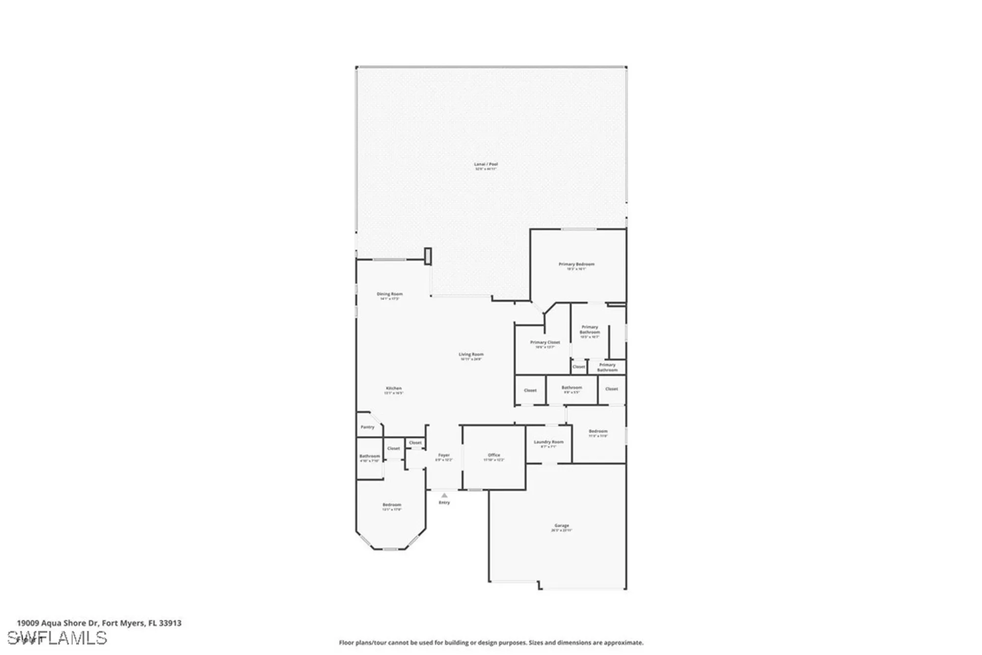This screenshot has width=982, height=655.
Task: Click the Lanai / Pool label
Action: click(x=486, y=164)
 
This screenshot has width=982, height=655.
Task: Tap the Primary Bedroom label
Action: click(x=576, y=264)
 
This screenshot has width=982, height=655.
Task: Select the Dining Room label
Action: click(x=389, y=294)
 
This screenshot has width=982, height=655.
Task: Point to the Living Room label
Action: click(x=471, y=354)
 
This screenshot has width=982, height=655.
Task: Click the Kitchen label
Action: click(x=393, y=389)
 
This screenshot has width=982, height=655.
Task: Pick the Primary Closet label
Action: click(x=545, y=342)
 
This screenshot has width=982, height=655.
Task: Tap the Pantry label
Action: click(x=367, y=427)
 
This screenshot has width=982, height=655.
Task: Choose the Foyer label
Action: click(x=443, y=456)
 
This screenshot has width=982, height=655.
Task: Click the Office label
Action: click(x=493, y=456)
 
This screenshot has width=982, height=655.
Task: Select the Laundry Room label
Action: click(x=548, y=442)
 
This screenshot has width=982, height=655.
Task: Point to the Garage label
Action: click(x=561, y=526)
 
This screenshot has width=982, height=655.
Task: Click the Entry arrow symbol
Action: click(x=444, y=495)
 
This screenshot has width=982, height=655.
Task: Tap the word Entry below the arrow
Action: click(x=444, y=503)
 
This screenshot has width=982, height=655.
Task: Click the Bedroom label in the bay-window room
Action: click(x=392, y=505)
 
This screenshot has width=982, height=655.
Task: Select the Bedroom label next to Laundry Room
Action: click(x=598, y=431)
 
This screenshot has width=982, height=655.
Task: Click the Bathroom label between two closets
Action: click(x=572, y=388)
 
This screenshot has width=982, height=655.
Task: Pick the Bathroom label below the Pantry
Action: click(x=369, y=456)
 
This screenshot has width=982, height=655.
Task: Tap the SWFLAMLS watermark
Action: click(x=61, y=638)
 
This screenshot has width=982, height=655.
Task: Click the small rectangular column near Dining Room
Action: click(x=428, y=256)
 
